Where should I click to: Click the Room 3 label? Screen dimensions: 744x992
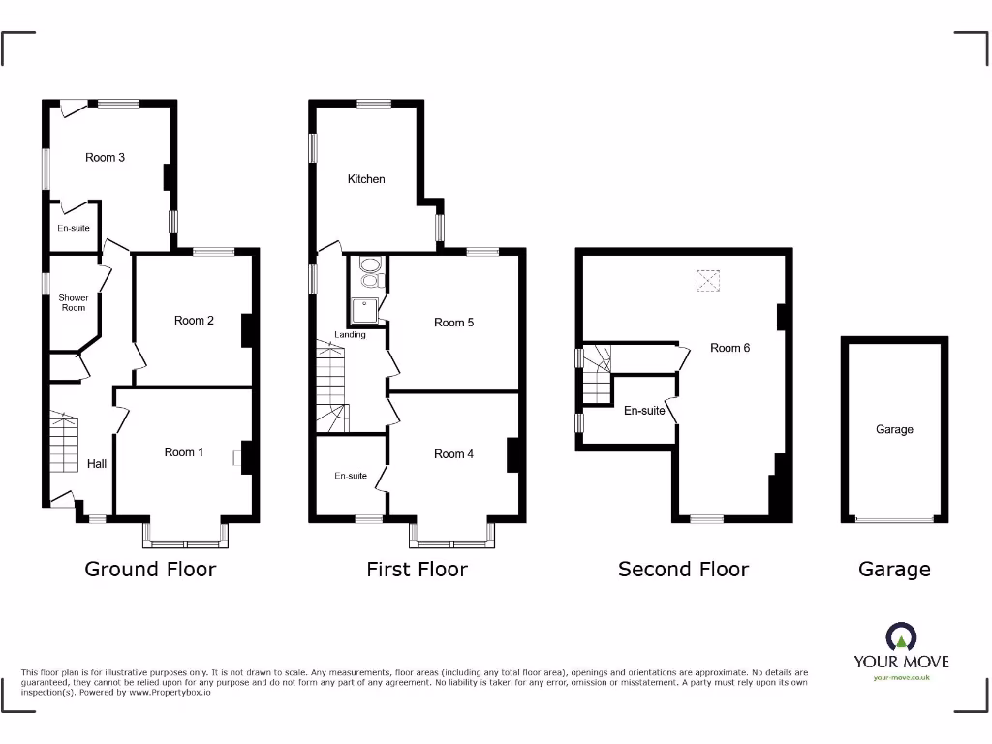(105, 157)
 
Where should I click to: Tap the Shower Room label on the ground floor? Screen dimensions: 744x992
(74, 303)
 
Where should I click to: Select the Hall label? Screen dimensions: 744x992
(97, 464)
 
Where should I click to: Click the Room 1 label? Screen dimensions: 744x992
(184, 452)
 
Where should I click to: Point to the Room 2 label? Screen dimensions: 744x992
(194, 321)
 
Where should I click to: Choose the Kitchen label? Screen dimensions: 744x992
(366, 179)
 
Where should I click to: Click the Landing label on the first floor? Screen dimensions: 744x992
(351, 335)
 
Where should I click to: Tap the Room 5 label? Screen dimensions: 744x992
(453, 323)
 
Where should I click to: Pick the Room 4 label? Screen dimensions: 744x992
(453, 454)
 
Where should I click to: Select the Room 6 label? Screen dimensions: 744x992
(729, 348)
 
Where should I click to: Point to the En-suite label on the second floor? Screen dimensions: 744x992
(644, 411)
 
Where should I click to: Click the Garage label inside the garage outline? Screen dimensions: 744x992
(894, 429)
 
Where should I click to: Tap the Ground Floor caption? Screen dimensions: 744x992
(150, 570)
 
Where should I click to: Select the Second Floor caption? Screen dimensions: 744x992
(683, 570)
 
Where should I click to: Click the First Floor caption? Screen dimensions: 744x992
(417, 570)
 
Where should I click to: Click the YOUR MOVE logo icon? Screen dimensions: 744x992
(901, 637)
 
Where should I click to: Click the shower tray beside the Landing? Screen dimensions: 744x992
(366, 309)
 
